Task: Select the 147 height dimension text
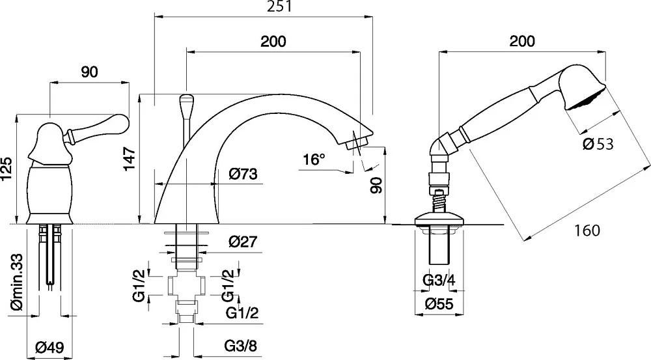pyautogui.click(x=130, y=158)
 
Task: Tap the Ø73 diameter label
pyautogui.click(x=243, y=174)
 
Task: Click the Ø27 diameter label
pyautogui.click(x=243, y=242)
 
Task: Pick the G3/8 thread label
pyautogui.click(x=241, y=346)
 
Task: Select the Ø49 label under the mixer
pyautogui.click(x=49, y=347)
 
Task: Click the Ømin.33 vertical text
pyautogui.click(x=17, y=283)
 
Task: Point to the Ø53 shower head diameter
pyautogui.click(x=598, y=144)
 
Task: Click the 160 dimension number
pyautogui.click(x=587, y=230)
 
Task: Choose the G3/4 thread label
pyautogui.click(x=439, y=281)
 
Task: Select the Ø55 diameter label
pyautogui.click(x=439, y=304)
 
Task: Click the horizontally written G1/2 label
pyautogui.click(x=242, y=312)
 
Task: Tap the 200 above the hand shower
pyautogui.click(x=522, y=41)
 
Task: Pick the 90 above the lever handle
pyautogui.click(x=89, y=72)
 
